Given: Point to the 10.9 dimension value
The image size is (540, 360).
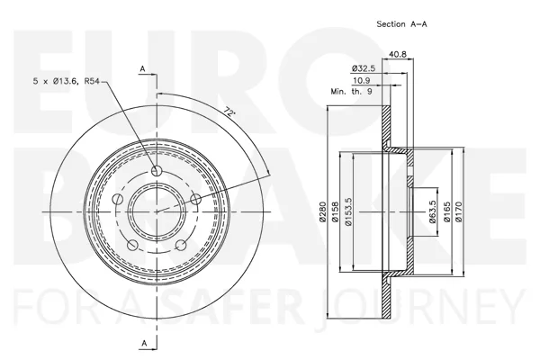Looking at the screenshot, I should pos(364,81).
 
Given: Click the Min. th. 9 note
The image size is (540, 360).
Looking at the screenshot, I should pos(350,91).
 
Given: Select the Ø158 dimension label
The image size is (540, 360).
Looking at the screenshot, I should pos(335,210).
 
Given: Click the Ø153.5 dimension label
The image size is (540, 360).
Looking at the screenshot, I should pos(346,210).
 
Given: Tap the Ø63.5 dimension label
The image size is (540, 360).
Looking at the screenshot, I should pos(432,210).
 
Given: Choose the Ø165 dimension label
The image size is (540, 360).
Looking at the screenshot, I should pos(446,210).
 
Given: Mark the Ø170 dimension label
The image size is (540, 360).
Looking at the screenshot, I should pos(459,210).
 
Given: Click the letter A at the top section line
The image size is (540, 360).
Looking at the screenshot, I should pos(142,68).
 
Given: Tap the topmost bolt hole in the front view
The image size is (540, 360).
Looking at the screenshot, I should pos(157,172).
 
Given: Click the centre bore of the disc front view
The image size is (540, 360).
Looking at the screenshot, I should pos(156,211).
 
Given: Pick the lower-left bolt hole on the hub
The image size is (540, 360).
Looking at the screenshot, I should pos(131,244).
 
